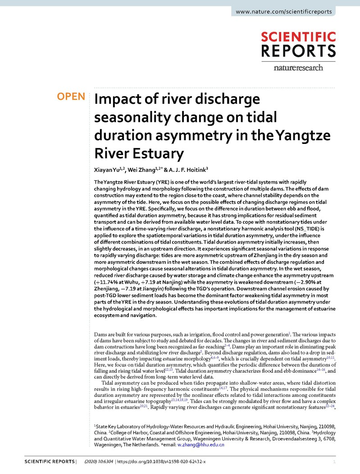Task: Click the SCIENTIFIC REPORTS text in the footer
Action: point(49,462)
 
